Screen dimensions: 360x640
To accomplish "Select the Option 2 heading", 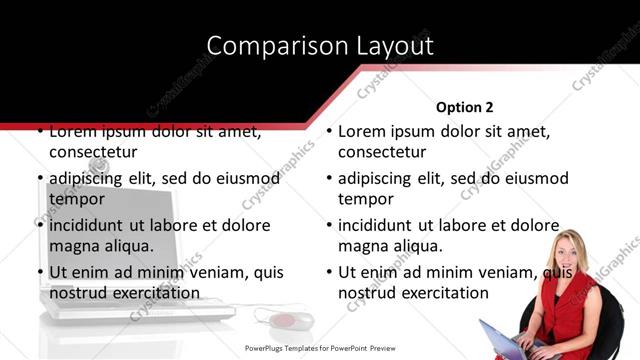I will (465, 106).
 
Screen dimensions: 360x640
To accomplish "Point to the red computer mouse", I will (284, 321).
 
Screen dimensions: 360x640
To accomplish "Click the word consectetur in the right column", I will (382, 152).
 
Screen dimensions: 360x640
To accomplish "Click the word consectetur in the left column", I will (93, 152).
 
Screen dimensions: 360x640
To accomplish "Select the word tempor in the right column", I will (366, 199).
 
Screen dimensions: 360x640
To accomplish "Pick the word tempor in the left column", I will (77, 199).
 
